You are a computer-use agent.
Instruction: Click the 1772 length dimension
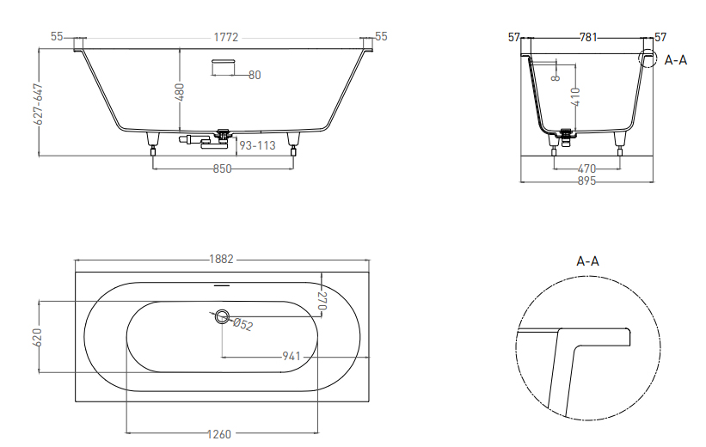click(x=225, y=37)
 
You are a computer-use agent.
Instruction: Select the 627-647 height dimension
click(x=39, y=104)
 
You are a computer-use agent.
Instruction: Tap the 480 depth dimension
click(x=179, y=91)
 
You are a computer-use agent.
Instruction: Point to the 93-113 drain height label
click(x=257, y=145)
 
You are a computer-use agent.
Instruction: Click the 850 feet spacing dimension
click(x=222, y=168)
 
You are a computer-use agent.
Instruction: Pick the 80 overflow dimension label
click(x=255, y=75)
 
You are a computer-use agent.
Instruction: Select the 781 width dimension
click(x=588, y=37)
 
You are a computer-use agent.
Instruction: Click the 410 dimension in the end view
click(x=576, y=97)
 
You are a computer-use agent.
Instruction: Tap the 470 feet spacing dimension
click(x=586, y=168)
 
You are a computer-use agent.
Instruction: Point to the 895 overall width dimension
click(x=586, y=181)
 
